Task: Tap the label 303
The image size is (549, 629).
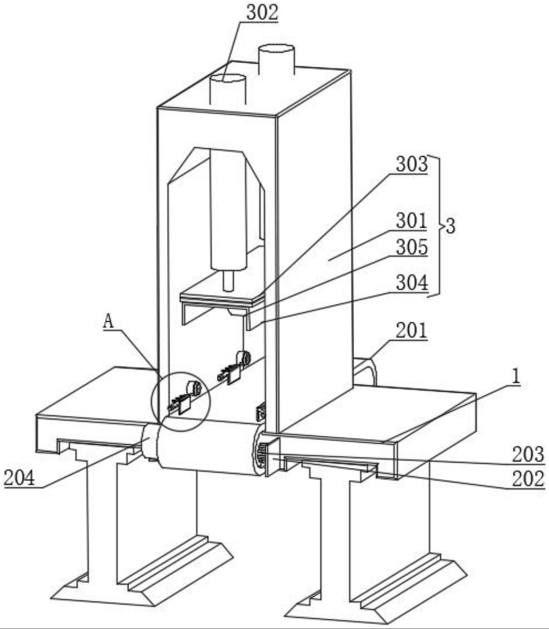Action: [x=411, y=164]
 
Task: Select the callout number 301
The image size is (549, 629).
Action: [x=411, y=221]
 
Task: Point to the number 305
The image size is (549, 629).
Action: [x=411, y=247]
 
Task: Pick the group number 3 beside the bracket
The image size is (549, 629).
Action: [x=450, y=226]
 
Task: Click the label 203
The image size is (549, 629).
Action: [x=528, y=454]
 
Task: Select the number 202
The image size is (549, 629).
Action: [x=528, y=479]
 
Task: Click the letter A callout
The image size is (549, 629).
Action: [x=108, y=322]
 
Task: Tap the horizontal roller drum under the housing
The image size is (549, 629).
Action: [x=209, y=445]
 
